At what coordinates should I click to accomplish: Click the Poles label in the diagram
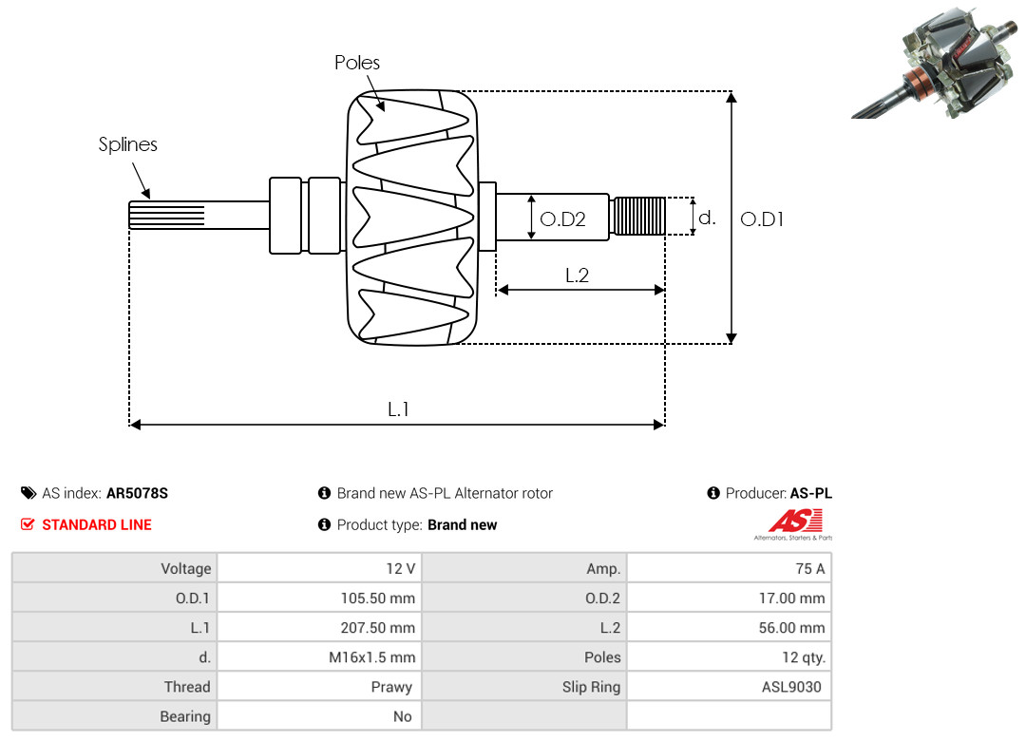[x=356, y=62]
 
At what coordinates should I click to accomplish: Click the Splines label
[x=127, y=144]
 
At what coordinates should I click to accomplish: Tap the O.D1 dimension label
[x=762, y=218]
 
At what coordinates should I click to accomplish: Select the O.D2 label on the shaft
[x=562, y=218]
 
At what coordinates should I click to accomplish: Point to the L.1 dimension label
[x=398, y=409]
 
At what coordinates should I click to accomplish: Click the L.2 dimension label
[x=578, y=275]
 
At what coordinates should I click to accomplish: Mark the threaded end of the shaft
[x=637, y=216]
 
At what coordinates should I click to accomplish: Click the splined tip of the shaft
[x=167, y=215]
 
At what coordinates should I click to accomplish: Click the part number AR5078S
[x=138, y=493]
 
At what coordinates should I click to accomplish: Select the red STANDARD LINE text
[x=97, y=524]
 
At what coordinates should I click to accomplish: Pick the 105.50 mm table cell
[x=320, y=598]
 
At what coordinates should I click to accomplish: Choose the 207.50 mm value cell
[x=320, y=627]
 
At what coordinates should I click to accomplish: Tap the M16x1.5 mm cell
[x=320, y=656]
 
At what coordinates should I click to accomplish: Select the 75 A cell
[x=729, y=568]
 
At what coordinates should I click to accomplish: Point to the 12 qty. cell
[x=729, y=656]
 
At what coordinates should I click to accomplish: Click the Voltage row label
[x=186, y=568]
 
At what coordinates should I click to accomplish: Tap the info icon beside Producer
[x=713, y=493]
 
